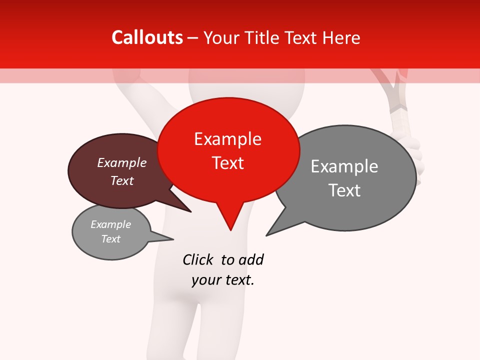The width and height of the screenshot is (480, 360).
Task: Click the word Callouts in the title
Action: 147,37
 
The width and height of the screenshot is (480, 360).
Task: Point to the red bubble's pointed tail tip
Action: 230,230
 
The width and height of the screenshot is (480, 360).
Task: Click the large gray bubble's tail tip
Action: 266,235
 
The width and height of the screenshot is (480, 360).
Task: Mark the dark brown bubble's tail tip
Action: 191,212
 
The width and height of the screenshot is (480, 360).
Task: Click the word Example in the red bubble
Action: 227,139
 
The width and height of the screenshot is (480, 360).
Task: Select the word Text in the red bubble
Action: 227,163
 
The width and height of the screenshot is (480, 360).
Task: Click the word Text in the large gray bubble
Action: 344,190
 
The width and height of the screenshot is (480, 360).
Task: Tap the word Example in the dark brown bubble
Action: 122,162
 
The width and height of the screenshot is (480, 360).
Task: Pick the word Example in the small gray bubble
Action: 110,224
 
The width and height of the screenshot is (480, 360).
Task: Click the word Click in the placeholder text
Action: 198,259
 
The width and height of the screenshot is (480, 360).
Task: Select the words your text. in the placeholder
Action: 223,280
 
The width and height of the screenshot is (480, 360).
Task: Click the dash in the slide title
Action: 193,38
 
